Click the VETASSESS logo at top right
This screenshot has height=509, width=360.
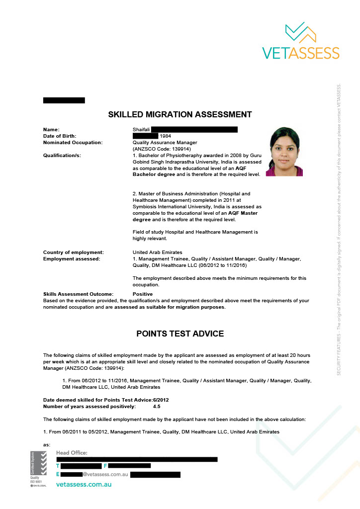[x=300, y=41]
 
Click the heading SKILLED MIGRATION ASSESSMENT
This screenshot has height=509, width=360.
[x=180, y=115]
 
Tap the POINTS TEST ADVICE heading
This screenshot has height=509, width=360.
[x=180, y=334]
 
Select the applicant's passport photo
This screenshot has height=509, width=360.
[x=284, y=152]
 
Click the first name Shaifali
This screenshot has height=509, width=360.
[x=141, y=130]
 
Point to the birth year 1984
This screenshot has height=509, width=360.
[x=165, y=136]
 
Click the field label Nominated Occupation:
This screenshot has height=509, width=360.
[x=73, y=143]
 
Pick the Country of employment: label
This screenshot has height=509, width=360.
[x=74, y=253]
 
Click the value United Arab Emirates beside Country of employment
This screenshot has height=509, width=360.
[x=157, y=253]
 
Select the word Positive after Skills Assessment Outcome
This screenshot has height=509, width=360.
[x=143, y=294]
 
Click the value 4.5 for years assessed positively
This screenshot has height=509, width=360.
[x=157, y=407]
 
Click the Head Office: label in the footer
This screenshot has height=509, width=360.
[x=72, y=453]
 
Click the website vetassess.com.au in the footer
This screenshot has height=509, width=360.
[x=84, y=484]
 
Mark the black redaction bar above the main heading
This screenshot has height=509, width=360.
[x=64, y=100]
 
